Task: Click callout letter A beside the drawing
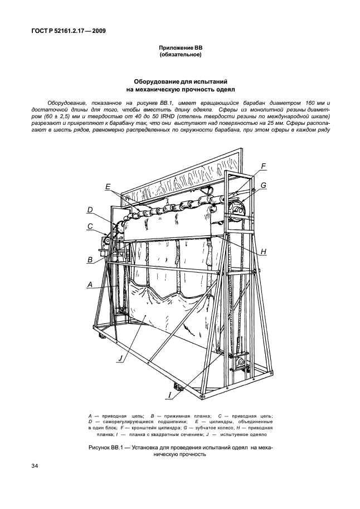pyautogui.click(x=90, y=284)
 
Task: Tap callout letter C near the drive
pyautogui.click(x=89, y=226)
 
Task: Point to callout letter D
pyautogui.click(x=89, y=210)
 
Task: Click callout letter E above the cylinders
pyautogui.click(x=108, y=187)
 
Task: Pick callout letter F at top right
pyautogui.click(x=264, y=166)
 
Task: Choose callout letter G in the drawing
pyautogui.click(x=264, y=185)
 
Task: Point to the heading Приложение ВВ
pyautogui.click(x=180, y=49)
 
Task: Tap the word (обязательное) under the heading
pyautogui.click(x=180, y=56)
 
